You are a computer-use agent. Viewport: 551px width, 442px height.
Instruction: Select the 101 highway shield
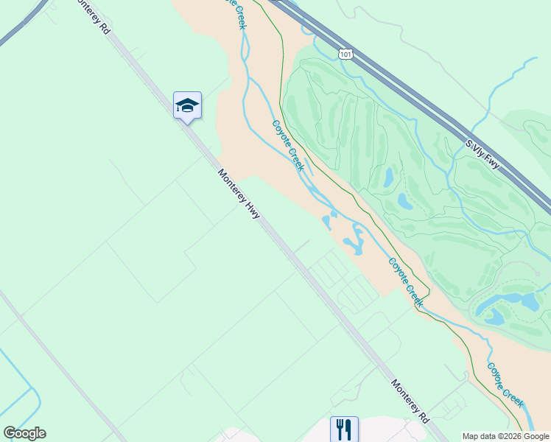[345, 53]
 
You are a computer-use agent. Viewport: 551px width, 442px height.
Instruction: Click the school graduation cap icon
[187, 106]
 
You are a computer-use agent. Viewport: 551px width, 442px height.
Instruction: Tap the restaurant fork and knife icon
[344, 429]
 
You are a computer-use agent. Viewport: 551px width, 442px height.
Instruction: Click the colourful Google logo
[24, 433]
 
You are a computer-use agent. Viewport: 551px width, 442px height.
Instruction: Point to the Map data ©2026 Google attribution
[505, 436]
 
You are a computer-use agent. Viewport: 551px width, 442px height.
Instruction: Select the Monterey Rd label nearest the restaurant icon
[410, 401]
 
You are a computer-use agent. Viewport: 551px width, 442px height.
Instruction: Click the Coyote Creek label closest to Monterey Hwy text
[288, 146]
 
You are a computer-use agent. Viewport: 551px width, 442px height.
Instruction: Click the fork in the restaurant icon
[340, 429]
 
